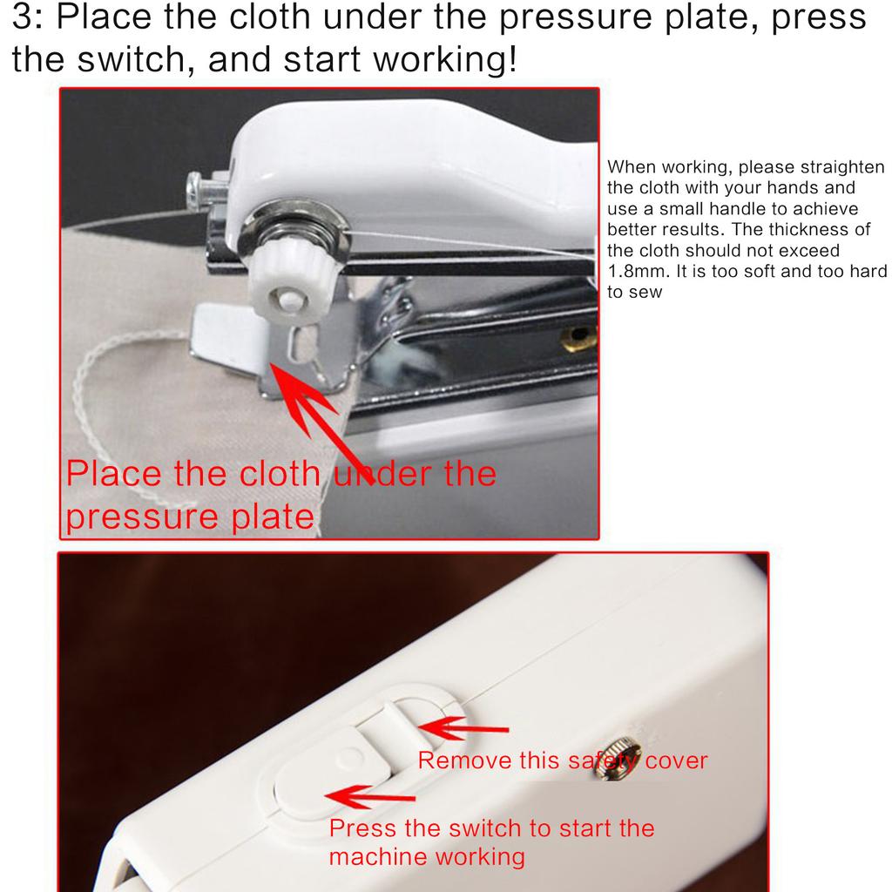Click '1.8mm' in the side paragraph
634,271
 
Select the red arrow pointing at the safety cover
463,728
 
